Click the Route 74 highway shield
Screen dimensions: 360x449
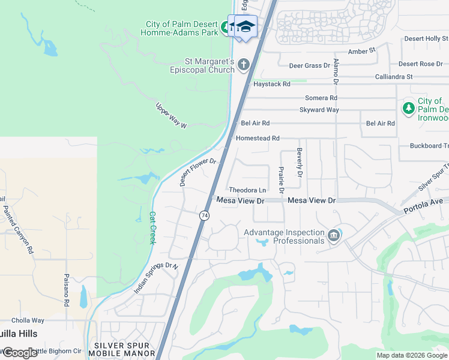tap(205, 215)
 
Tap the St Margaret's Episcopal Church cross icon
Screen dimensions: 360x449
tap(244, 64)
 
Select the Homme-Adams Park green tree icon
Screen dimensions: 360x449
tap(225, 27)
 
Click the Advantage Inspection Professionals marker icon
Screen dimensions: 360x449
tap(334, 236)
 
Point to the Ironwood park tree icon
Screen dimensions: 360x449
tap(409, 108)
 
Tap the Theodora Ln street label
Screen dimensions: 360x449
tap(247, 190)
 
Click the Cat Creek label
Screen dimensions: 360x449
tap(152, 227)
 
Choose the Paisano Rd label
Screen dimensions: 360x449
tap(68, 290)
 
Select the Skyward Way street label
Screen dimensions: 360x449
tap(319, 110)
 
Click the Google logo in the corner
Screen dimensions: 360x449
tap(19, 353)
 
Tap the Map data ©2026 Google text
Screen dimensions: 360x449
tap(411, 355)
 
